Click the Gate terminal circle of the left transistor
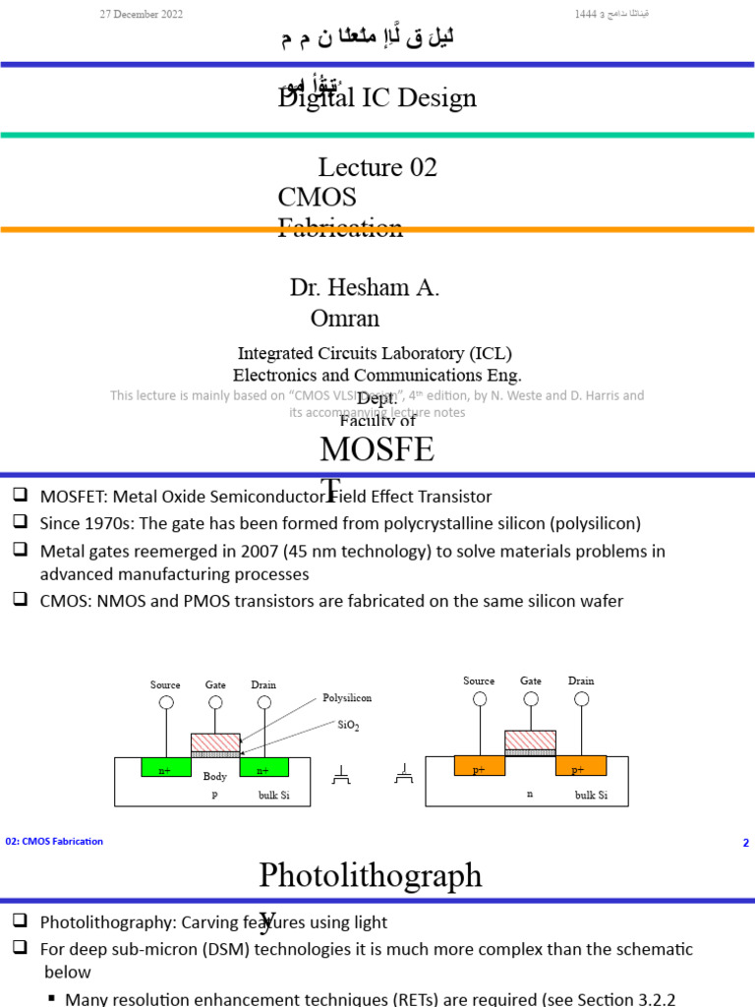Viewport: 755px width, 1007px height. click(x=215, y=702)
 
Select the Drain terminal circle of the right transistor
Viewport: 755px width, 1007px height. click(x=582, y=699)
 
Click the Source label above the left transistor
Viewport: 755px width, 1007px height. click(x=165, y=684)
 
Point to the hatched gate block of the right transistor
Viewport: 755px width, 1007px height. click(x=530, y=740)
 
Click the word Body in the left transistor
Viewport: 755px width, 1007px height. click(x=215, y=776)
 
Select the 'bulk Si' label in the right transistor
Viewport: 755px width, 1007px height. click(x=591, y=794)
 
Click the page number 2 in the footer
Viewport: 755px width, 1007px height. click(x=745, y=843)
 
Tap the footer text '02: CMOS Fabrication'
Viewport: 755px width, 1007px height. click(x=54, y=842)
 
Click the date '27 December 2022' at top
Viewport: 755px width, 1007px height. click(x=141, y=14)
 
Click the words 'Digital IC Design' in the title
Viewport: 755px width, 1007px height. click(x=377, y=97)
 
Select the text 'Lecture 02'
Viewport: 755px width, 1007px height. click(x=377, y=167)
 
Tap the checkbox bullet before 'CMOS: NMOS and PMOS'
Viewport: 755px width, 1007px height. click(x=21, y=600)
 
